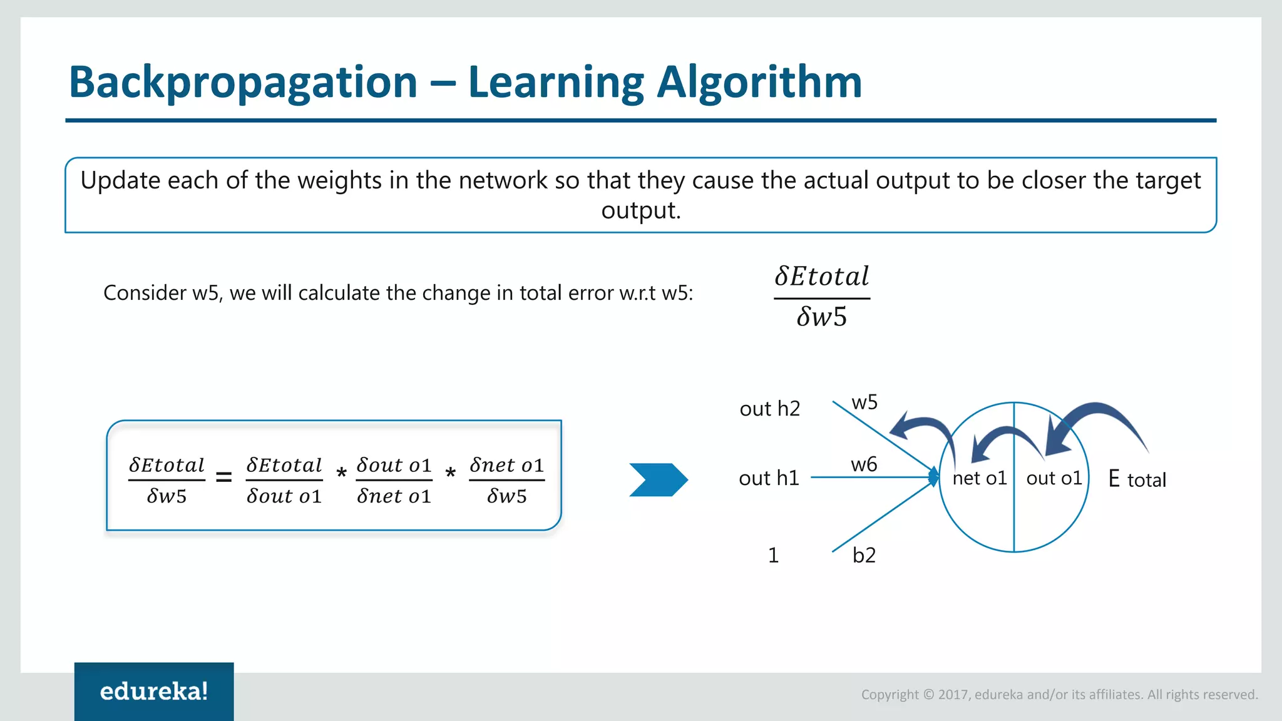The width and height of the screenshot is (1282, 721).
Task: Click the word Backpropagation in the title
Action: [x=243, y=83]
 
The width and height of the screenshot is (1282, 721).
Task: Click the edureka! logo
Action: [x=154, y=691]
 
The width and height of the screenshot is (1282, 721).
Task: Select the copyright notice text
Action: [x=1059, y=694]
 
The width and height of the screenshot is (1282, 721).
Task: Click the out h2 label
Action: [x=769, y=409]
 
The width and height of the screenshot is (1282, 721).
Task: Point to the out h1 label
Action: [x=769, y=478]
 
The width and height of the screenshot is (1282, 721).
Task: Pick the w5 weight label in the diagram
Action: [x=864, y=402]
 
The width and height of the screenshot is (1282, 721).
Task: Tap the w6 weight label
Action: [x=864, y=464]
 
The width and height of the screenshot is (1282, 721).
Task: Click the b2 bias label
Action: [x=864, y=555]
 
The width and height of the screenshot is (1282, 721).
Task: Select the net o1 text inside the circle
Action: [x=979, y=478]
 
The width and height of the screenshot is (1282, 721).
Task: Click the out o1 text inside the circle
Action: [x=1054, y=478]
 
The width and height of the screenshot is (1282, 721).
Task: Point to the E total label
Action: [x=1137, y=479]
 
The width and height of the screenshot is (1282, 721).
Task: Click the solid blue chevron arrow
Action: [x=658, y=479]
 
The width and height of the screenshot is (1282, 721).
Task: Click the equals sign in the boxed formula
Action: [x=223, y=478]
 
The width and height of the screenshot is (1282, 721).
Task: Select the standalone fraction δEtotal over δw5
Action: [x=822, y=297]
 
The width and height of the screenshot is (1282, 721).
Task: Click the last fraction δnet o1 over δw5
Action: [x=506, y=480]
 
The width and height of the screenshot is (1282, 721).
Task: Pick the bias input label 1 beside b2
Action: [x=773, y=555]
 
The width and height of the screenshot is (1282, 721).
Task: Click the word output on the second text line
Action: [x=640, y=210]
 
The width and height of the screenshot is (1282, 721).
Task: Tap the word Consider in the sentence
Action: [x=144, y=293]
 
